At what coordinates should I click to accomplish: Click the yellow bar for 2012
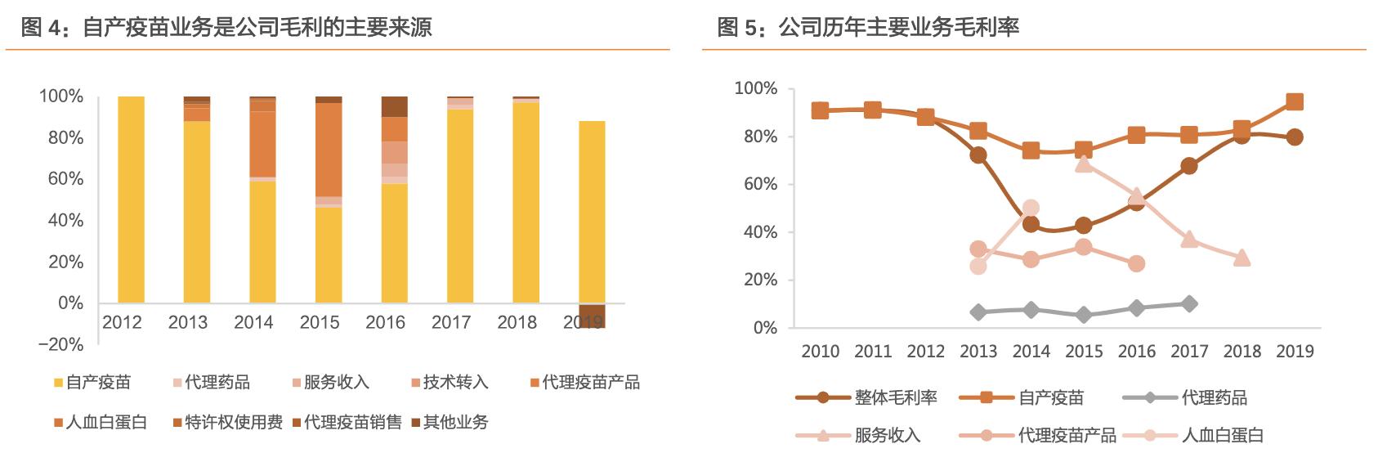[x=131, y=200]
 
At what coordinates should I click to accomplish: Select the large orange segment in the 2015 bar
[x=329, y=150]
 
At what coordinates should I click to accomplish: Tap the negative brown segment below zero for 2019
[x=592, y=316]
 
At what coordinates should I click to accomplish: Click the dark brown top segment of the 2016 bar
[x=394, y=106]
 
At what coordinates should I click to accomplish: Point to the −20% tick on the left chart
[x=61, y=344]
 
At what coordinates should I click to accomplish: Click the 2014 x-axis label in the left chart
[x=253, y=322]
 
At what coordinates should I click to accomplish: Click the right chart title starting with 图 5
[x=868, y=27]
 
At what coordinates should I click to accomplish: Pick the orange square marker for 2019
[x=1295, y=101]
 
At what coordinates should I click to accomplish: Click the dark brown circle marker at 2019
[x=1295, y=137]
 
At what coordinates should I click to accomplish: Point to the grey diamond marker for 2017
[x=1189, y=303]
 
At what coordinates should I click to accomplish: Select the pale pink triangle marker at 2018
[x=1242, y=258]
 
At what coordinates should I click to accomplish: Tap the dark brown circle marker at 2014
[x=1031, y=224]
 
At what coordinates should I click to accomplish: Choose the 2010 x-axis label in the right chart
[x=820, y=351]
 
